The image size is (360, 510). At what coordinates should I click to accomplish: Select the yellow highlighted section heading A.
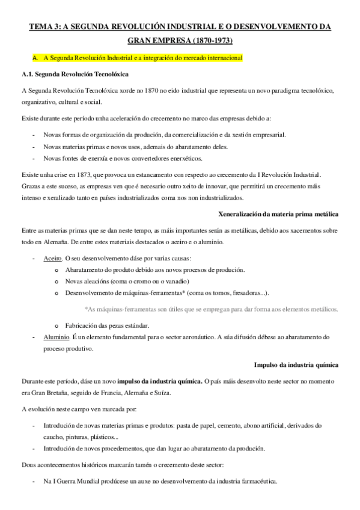tap(138, 59)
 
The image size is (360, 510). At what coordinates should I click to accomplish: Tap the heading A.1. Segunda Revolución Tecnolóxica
tap(73, 75)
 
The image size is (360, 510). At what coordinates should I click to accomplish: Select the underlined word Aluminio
tap(55, 337)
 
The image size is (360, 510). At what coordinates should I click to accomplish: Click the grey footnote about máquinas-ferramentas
tap(212, 309)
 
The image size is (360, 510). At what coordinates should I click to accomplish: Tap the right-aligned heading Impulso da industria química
tap(296, 364)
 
